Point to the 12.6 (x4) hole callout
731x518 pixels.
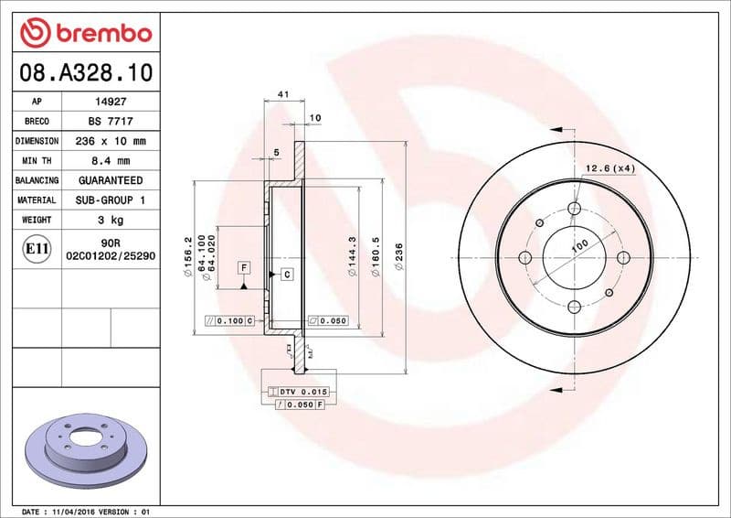tap(609, 168)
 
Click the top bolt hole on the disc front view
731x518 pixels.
tap(574, 210)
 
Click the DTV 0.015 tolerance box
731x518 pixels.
tap(300, 392)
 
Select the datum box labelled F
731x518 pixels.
tap(244, 267)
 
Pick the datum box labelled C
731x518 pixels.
tap(286, 274)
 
